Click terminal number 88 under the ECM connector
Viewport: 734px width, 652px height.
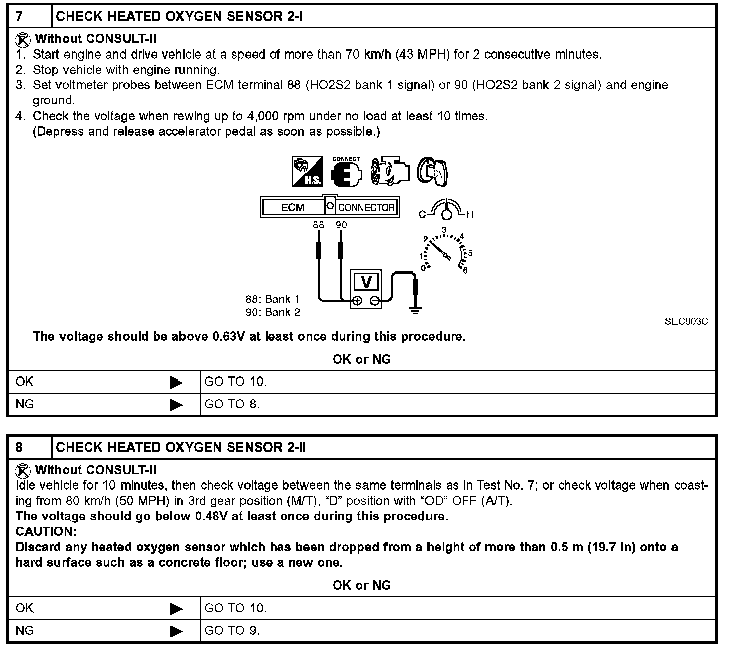(x=318, y=225)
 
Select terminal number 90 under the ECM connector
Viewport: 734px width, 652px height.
(x=341, y=225)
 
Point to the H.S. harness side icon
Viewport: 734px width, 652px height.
(x=307, y=172)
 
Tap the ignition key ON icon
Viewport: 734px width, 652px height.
(x=433, y=172)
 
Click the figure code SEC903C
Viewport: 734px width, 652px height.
(x=686, y=322)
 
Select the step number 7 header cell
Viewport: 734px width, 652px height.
(x=29, y=16)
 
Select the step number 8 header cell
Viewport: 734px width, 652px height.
(x=29, y=447)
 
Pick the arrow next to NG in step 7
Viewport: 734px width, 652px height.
(x=176, y=405)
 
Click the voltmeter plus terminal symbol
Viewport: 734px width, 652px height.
(x=357, y=301)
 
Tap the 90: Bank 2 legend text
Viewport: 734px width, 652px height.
(x=273, y=312)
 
